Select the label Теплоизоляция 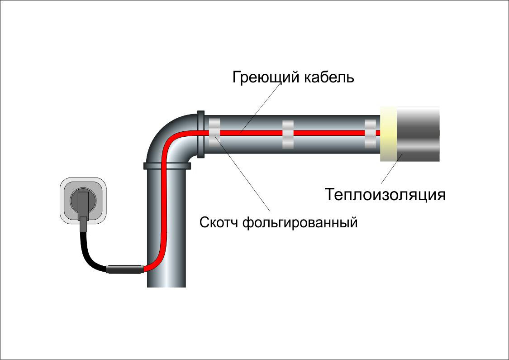pos(385,195)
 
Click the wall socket pos(84,199)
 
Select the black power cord pos(90,258)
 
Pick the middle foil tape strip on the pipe pos(288,134)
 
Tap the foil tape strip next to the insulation pos(371,134)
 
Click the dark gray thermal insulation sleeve pos(418,134)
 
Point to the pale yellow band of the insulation pos(388,134)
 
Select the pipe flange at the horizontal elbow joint pos(201,134)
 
